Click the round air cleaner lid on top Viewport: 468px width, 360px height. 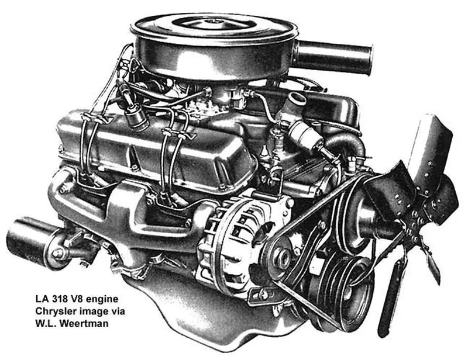[x=214, y=27]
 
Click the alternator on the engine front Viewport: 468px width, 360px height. [x=239, y=248]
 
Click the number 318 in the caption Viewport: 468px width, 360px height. [x=55, y=299]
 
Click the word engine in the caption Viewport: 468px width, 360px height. [x=101, y=299]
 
